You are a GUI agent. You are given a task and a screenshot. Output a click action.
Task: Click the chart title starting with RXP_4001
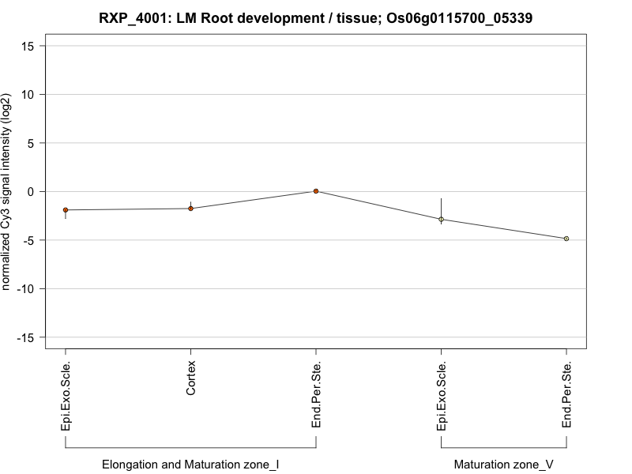[316, 17]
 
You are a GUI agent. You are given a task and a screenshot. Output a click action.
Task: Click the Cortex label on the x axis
[191, 379]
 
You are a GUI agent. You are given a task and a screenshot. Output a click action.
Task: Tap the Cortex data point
[190, 209]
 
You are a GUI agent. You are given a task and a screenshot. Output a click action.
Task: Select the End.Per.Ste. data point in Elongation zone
[316, 191]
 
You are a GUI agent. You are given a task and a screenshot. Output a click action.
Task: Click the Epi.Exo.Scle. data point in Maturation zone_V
[441, 219]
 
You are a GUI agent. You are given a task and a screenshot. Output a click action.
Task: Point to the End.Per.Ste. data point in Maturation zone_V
[566, 239]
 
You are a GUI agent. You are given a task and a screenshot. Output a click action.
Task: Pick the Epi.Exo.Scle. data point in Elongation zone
[66, 210]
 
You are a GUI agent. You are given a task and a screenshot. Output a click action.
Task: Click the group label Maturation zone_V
[503, 465]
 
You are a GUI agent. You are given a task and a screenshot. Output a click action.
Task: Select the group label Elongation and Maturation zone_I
[190, 465]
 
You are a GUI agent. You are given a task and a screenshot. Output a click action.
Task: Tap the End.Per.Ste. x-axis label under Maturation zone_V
[566, 396]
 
